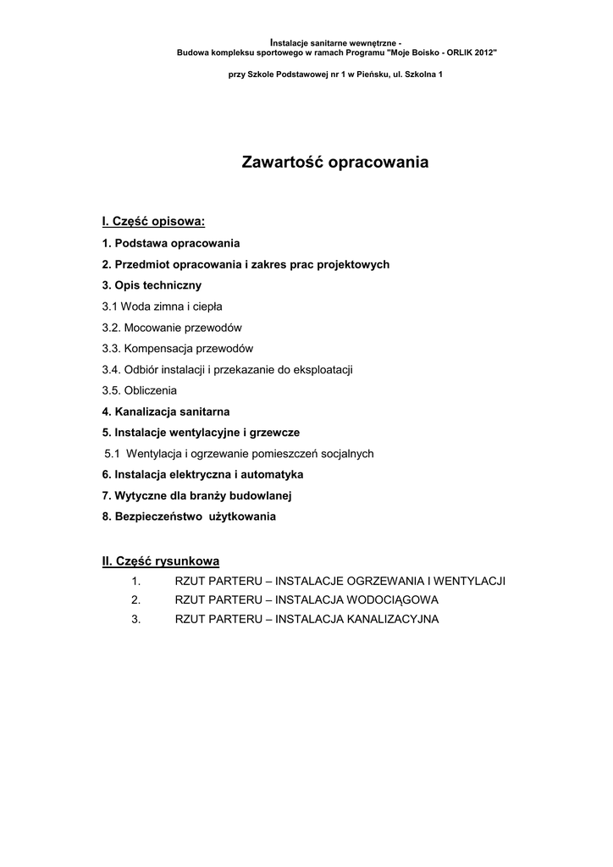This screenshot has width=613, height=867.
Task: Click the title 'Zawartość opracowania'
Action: point(335,162)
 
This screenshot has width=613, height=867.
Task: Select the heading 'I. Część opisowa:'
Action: point(153,222)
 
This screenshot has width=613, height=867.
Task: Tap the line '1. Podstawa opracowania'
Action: point(171,243)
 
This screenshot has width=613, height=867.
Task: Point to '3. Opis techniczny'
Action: point(152,285)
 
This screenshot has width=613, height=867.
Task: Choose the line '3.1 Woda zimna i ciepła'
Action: point(162,306)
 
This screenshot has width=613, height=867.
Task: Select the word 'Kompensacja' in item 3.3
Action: point(157,349)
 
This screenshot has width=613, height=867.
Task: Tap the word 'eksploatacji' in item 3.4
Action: point(324,370)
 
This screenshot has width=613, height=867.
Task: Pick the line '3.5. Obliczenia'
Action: point(139,390)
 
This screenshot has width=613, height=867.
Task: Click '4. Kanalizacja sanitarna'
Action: point(165,411)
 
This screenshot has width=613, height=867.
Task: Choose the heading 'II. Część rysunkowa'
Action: point(161,561)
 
